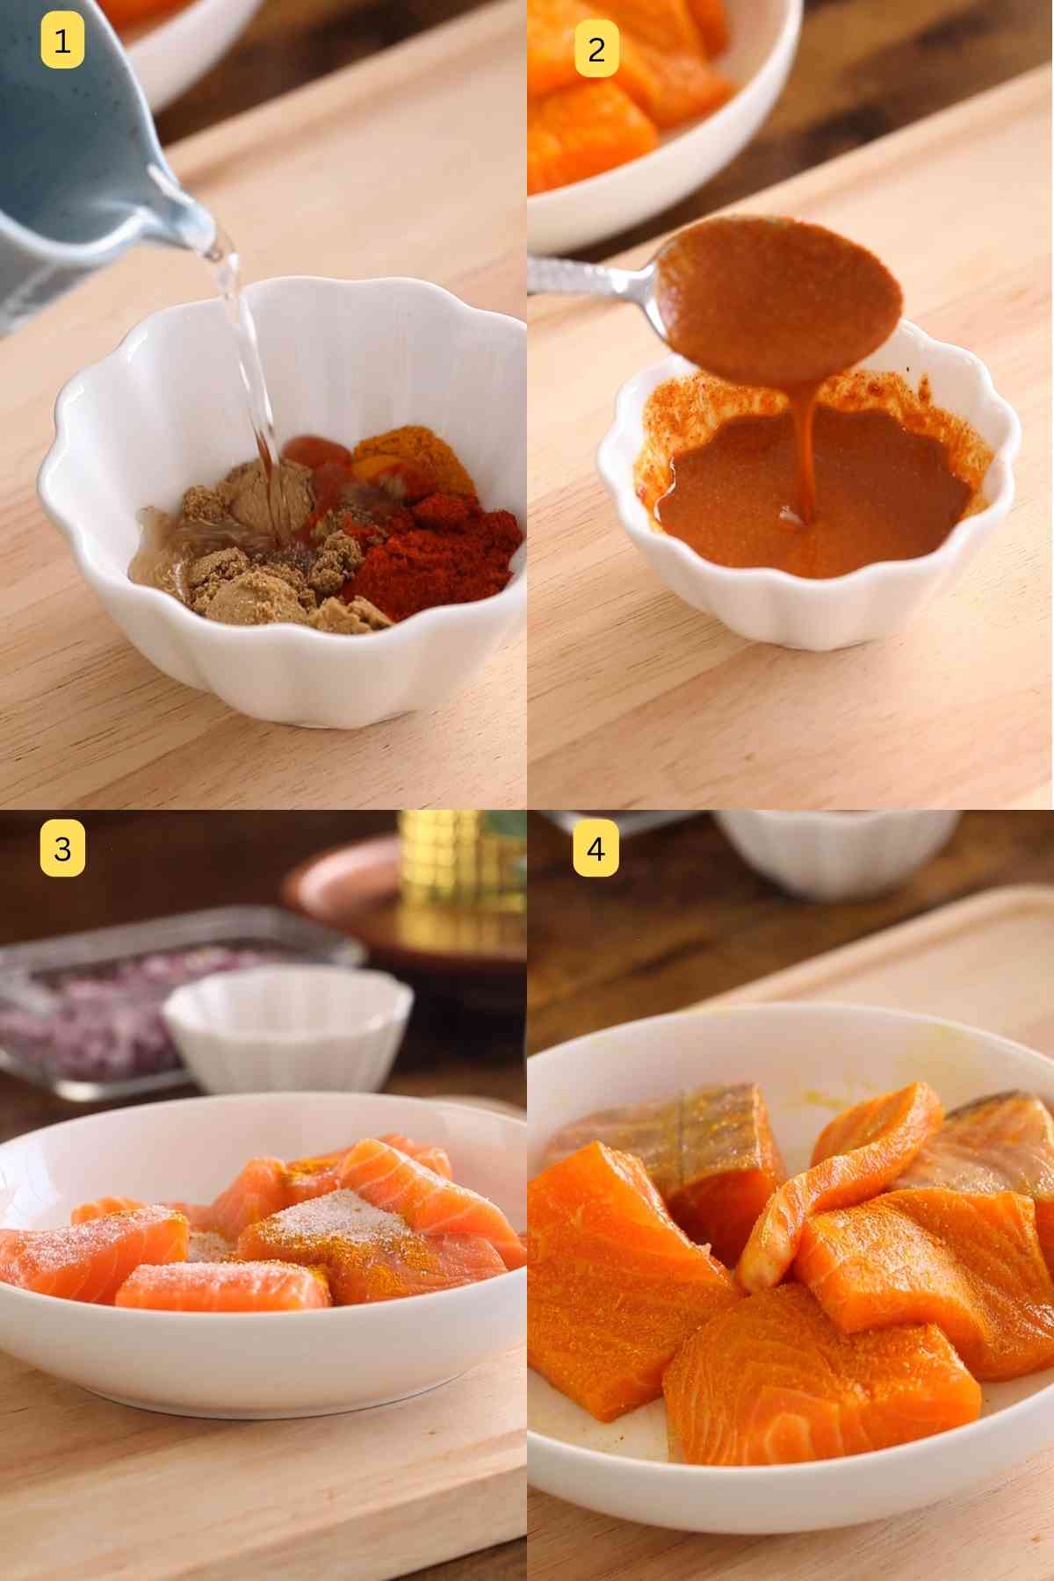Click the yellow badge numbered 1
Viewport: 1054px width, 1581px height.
point(61,41)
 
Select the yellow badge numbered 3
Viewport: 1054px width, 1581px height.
point(61,849)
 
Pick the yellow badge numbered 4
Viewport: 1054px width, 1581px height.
point(596,849)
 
